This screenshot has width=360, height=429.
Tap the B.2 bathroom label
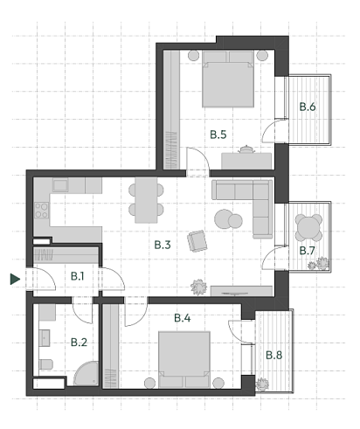[x=78, y=343]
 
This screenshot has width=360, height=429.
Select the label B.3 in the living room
[x=162, y=245]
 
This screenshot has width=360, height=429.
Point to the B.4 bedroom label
[x=182, y=318]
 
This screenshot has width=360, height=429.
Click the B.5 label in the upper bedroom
[x=218, y=135]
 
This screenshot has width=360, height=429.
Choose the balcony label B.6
[x=308, y=107]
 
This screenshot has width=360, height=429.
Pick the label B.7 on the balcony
[x=308, y=251]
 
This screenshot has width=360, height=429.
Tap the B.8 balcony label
[x=273, y=355]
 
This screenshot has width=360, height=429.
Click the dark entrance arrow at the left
[x=14, y=280]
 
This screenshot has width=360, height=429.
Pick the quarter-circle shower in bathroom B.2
[x=87, y=374]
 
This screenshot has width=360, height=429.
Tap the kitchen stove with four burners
[x=40, y=211]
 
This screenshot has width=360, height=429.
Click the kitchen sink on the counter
[x=61, y=185]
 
